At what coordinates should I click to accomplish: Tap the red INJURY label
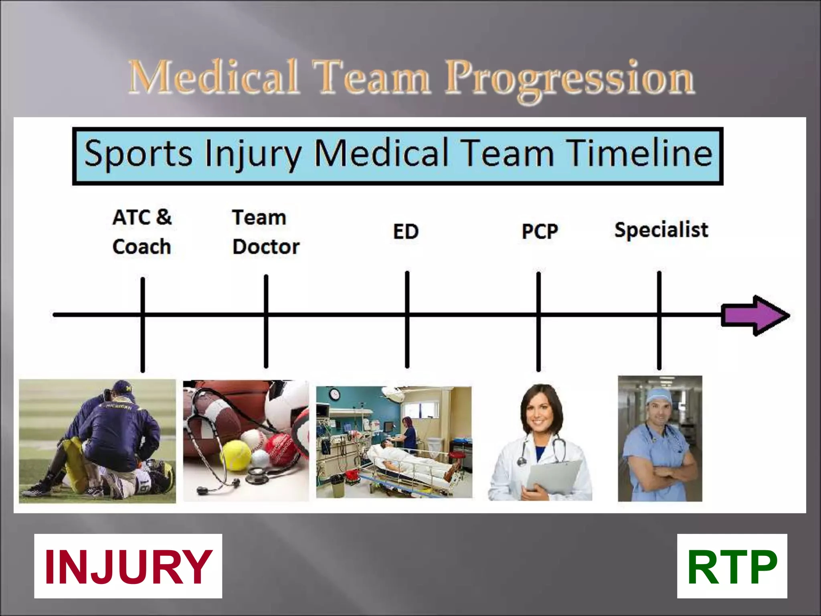pos(128,567)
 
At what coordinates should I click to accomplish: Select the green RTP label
pos(732,567)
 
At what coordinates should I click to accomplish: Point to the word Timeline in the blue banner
pos(640,154)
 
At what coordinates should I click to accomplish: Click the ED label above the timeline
pos(406,231)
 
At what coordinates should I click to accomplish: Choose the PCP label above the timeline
pos(540,231)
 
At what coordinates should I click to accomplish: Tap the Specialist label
pos(661,230)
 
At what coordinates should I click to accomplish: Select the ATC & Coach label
pos(142,232)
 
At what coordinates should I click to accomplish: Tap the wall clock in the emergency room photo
pos(335,394)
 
